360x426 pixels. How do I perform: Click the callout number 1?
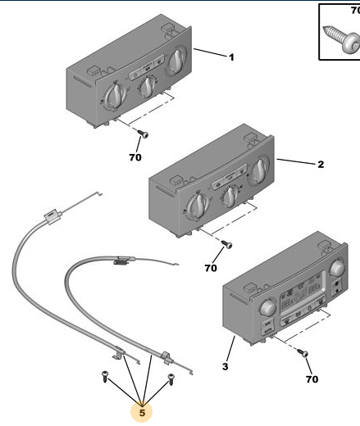click(231, 57)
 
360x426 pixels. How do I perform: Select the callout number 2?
click(321, 164)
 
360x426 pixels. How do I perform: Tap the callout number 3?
click(225, 366)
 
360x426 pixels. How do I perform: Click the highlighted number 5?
click(142, 413)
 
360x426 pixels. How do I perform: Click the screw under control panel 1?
click(143, 134)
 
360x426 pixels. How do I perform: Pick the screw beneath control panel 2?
click(227, 243)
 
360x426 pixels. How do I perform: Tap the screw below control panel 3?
click(303, 352)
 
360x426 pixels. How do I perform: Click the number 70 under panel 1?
click(135, 157)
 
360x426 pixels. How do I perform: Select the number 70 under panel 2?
click(211, 268)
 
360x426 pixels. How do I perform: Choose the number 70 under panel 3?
click(312, 379)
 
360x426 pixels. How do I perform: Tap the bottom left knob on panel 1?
click(116, 96)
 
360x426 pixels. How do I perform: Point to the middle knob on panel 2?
click(230, 196)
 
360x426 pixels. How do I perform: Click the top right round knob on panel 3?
click(338, 267)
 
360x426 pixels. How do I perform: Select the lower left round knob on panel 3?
click(268, 307)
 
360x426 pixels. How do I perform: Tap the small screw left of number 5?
click(105, 376)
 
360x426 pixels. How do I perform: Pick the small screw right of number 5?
click(171, 379)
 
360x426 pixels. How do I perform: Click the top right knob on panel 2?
click(259, 170)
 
